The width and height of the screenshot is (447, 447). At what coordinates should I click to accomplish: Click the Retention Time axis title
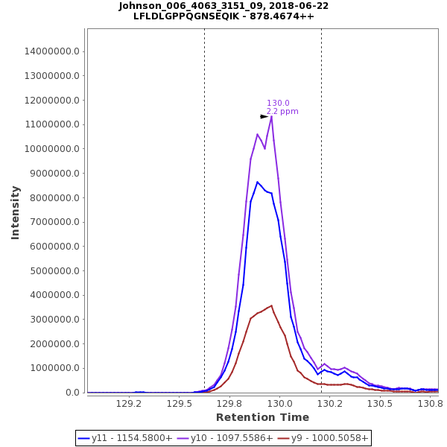[x=262, y=417]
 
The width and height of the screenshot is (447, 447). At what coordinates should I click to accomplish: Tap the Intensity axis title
[x=15, y=212]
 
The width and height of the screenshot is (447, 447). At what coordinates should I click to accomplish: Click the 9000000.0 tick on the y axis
[x=55, y=174]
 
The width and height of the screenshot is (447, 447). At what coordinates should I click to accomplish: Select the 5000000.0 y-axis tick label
[x=55, y=271]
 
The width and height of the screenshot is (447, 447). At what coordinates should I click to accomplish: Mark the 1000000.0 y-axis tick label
[x=55, y=368]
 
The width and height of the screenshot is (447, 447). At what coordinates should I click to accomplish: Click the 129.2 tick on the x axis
[x=129, y=403]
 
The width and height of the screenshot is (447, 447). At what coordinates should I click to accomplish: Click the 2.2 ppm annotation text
[x=282, y=112]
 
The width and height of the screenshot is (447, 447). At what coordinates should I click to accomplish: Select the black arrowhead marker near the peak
[x=264, y=116]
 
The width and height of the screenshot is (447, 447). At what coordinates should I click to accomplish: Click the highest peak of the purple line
[x=271, y=116]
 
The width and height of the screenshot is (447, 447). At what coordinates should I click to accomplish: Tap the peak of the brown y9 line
[x=271, y=305]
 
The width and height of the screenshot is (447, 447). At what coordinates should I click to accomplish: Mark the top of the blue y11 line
[x=257, y=182]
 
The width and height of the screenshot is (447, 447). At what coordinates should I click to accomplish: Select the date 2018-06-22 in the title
[x=298, y=6]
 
